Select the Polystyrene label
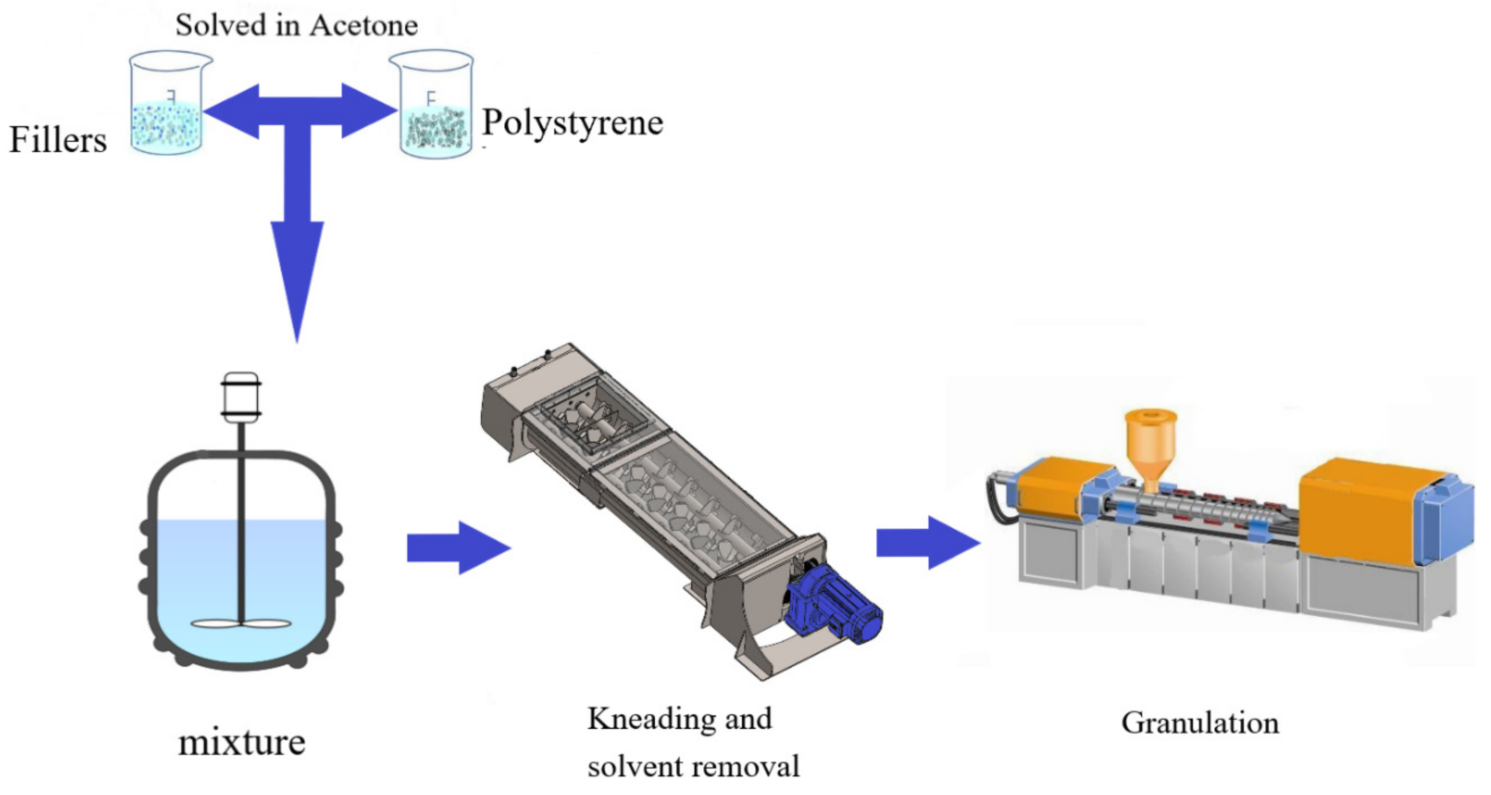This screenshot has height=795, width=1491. tap(572, 123)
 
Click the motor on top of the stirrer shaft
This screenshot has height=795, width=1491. tap(241, 397)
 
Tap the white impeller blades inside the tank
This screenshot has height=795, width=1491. tap(241, 623)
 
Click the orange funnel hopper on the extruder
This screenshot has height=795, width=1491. tap(1150, 446)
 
